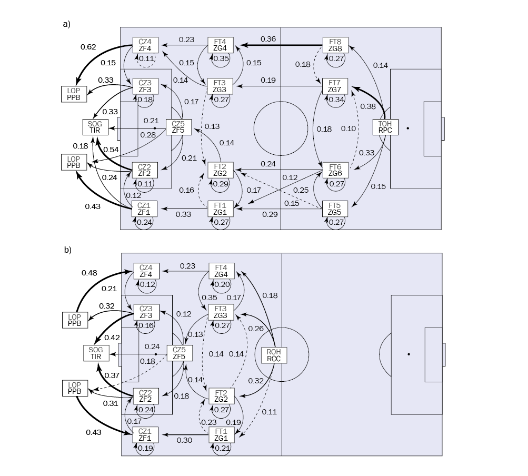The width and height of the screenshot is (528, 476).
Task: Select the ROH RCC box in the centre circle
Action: coord(274,355)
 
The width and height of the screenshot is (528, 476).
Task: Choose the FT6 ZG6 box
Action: coord(335,170)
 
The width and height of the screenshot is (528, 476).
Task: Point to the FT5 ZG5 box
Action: coord(335,209)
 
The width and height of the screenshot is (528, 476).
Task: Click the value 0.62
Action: coord(88,47)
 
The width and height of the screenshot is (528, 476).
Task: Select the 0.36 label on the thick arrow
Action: coord(269,39)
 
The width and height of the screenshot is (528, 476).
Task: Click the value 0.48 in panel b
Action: coord(89,273)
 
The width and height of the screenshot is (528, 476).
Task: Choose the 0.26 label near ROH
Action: coord(255,329)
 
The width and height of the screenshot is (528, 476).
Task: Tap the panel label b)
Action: coord(67,250)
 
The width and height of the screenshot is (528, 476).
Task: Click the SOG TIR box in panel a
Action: coord(95,127)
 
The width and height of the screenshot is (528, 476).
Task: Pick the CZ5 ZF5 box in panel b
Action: coord(180,352)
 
